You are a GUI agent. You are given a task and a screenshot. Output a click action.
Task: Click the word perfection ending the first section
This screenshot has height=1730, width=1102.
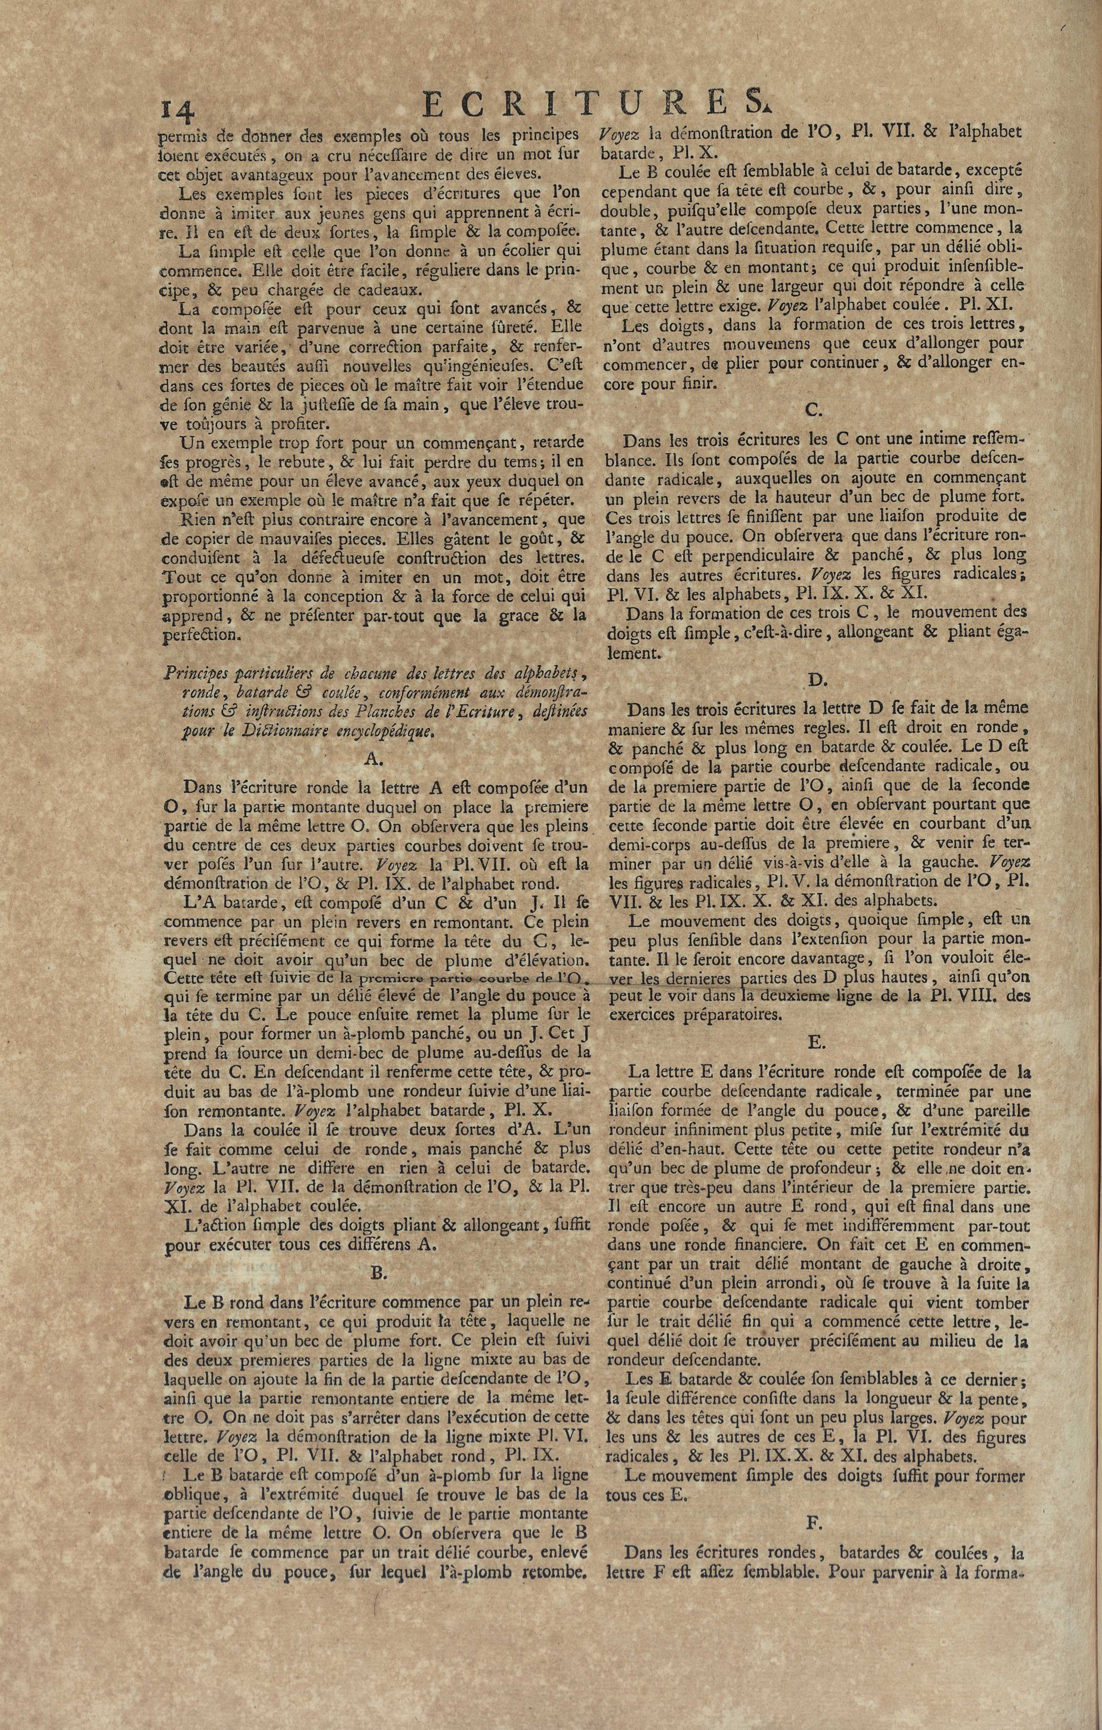[x=199, y=635]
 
